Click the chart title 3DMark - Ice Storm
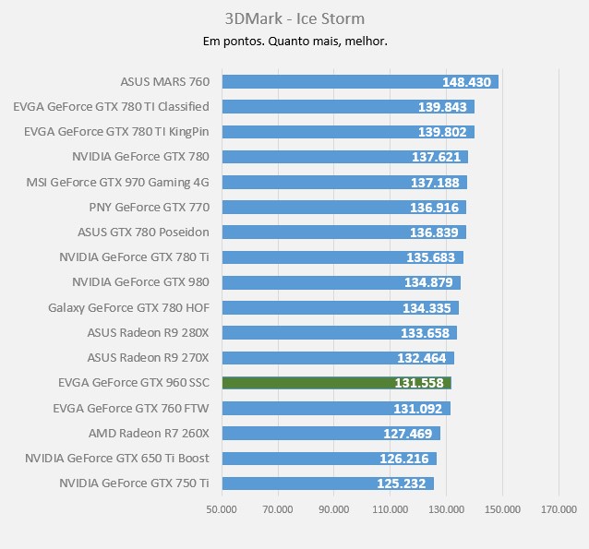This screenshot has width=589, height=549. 294,18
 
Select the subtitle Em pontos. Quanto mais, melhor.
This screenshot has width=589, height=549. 294,41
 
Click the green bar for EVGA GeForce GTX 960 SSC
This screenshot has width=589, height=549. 336,383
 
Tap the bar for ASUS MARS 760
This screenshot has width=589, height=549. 360,81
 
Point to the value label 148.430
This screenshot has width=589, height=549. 467,82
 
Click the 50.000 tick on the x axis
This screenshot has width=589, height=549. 222,509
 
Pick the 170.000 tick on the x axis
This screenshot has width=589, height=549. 559,509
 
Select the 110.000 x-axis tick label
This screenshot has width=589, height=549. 390,509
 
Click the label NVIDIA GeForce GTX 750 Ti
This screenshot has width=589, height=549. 134,483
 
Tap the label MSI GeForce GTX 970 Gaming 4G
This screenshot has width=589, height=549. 118,182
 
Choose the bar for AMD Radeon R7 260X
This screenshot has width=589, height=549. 331,433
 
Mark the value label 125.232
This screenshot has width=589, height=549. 403,483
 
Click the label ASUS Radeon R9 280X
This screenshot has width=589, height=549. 148,332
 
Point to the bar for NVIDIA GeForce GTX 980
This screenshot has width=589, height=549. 341,282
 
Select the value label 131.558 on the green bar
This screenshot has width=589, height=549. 419,383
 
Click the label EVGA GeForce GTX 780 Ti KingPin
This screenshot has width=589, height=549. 116,132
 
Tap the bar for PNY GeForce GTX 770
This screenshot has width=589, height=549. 343,207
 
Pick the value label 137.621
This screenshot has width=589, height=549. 436,157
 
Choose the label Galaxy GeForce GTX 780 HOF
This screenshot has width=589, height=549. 128,307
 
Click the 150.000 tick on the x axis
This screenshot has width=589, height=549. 502,509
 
